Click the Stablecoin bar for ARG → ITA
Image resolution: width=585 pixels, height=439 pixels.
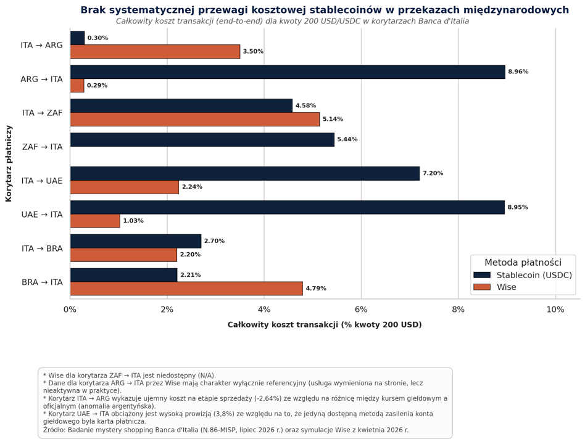288,72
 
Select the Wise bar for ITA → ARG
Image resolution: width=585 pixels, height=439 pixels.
155,51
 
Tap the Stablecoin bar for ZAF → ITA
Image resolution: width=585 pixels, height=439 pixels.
202,140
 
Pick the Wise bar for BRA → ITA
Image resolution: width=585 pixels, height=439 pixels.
186,289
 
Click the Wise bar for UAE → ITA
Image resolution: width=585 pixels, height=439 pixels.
95,221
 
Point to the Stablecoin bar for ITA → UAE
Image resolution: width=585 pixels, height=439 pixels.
245,174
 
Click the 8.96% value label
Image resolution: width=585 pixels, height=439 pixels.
518,72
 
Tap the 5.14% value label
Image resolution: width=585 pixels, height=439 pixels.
333,119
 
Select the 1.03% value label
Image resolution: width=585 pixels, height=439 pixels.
133,221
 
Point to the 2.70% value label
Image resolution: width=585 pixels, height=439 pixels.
214,241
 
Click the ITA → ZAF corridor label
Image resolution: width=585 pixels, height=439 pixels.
42,113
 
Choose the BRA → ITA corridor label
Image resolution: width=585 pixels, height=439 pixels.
42,282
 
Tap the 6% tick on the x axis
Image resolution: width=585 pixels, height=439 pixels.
361,310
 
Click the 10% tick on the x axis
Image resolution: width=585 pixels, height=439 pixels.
555,310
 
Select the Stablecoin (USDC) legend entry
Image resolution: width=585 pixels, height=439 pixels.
523,275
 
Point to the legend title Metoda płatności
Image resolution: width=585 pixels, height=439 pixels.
523,263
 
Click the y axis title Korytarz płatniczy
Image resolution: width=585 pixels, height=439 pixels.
9,163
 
